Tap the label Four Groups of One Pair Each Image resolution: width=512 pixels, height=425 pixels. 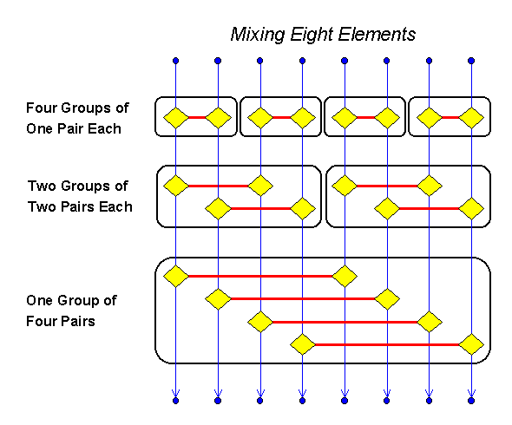click(x=77, y=118)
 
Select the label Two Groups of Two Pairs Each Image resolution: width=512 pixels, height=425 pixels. click(x=79, y=196)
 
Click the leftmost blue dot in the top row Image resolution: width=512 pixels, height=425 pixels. click(x=175, y=61)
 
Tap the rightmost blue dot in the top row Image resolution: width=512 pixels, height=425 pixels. click(x=471, y=61)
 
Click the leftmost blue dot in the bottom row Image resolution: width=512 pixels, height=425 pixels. click(x=175, y=401)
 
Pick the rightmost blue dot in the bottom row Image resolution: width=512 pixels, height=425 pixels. click(x=471, y=401)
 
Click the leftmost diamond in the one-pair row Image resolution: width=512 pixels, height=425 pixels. click(x=175, y=117)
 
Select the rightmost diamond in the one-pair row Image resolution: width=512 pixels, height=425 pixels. click(x=471, y=117)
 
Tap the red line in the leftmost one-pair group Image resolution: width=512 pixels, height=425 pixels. click(x=196, y=117)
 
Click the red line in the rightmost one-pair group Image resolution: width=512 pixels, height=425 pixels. click(x=450, y=117)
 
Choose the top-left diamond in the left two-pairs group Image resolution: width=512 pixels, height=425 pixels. click(x=175, y=185)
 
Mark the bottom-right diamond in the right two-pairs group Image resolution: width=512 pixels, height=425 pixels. click(x=471, y=208)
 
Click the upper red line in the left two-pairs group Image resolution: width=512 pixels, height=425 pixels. click(x=217, y=185)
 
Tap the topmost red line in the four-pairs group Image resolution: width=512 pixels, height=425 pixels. click(x=260, y=277)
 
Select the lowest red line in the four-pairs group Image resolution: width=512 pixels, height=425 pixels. click(x=386, y=344)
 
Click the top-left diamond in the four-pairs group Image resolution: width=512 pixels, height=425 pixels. click(x=175, y=277)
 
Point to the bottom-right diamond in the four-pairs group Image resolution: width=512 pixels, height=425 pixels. click(x=471, y=344)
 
